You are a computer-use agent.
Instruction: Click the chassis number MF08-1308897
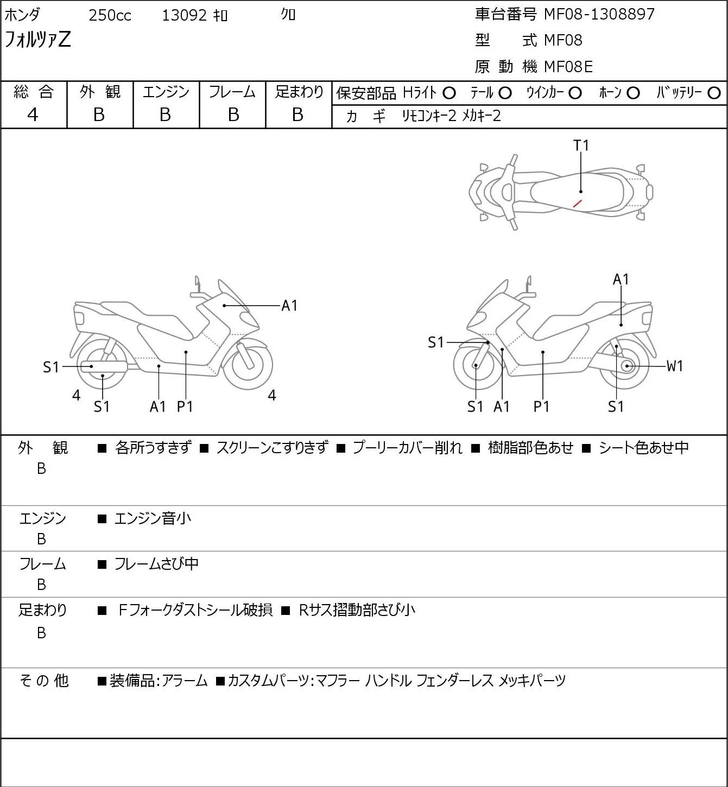pos(599,14)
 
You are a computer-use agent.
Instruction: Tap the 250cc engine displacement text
pos(110,15)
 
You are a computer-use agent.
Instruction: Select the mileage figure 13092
pos(184,15)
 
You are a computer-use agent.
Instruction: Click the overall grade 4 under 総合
pos(33,115)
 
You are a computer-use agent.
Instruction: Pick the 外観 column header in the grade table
pos(100,92)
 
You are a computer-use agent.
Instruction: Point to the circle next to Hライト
pos(449,93)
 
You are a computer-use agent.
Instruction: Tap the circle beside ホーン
pos(633,93)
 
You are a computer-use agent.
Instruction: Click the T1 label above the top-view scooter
pos(581,145)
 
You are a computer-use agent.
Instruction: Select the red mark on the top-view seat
pos(578,204)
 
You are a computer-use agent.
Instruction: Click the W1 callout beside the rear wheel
pos(674,366)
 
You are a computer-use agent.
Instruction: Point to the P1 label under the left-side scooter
pos(185,407)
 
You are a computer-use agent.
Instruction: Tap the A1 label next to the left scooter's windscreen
pos(289,306)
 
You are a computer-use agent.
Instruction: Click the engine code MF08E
pos(568,67)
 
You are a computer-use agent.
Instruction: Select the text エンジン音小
pos(153,519)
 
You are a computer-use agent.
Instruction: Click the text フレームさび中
pos(156,564)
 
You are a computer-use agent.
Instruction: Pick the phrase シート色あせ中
pos(643,448)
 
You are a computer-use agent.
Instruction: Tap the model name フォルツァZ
pos(37,40)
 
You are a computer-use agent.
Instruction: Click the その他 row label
pos(43,681)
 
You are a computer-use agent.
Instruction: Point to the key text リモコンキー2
pos(429,116)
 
